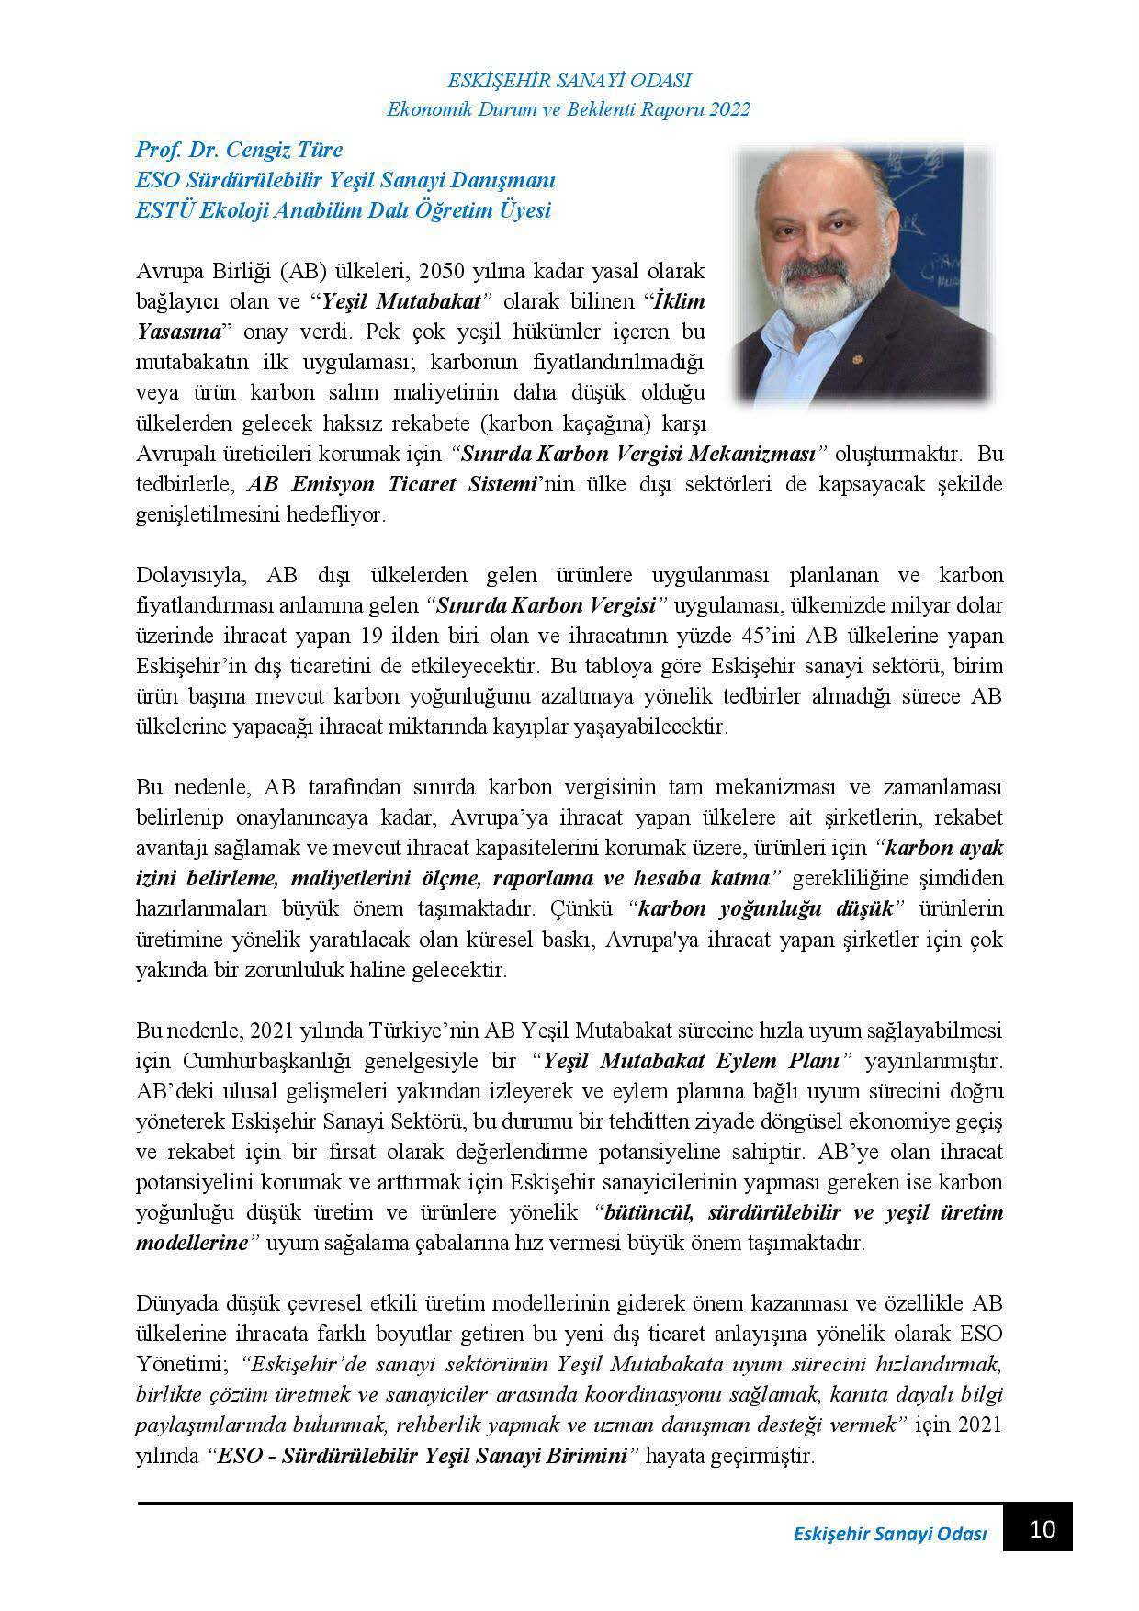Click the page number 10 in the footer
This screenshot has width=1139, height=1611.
click(1043, 1529)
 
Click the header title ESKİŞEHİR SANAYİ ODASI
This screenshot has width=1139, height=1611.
click(569, 80)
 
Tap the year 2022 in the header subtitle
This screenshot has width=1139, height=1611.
click(731, 109)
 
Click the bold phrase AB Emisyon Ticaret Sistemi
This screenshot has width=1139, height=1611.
click(392, 484)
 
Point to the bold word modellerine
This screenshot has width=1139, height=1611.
click(192, 1243)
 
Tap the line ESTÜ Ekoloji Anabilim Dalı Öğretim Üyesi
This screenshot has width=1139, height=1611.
click(343, 210)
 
